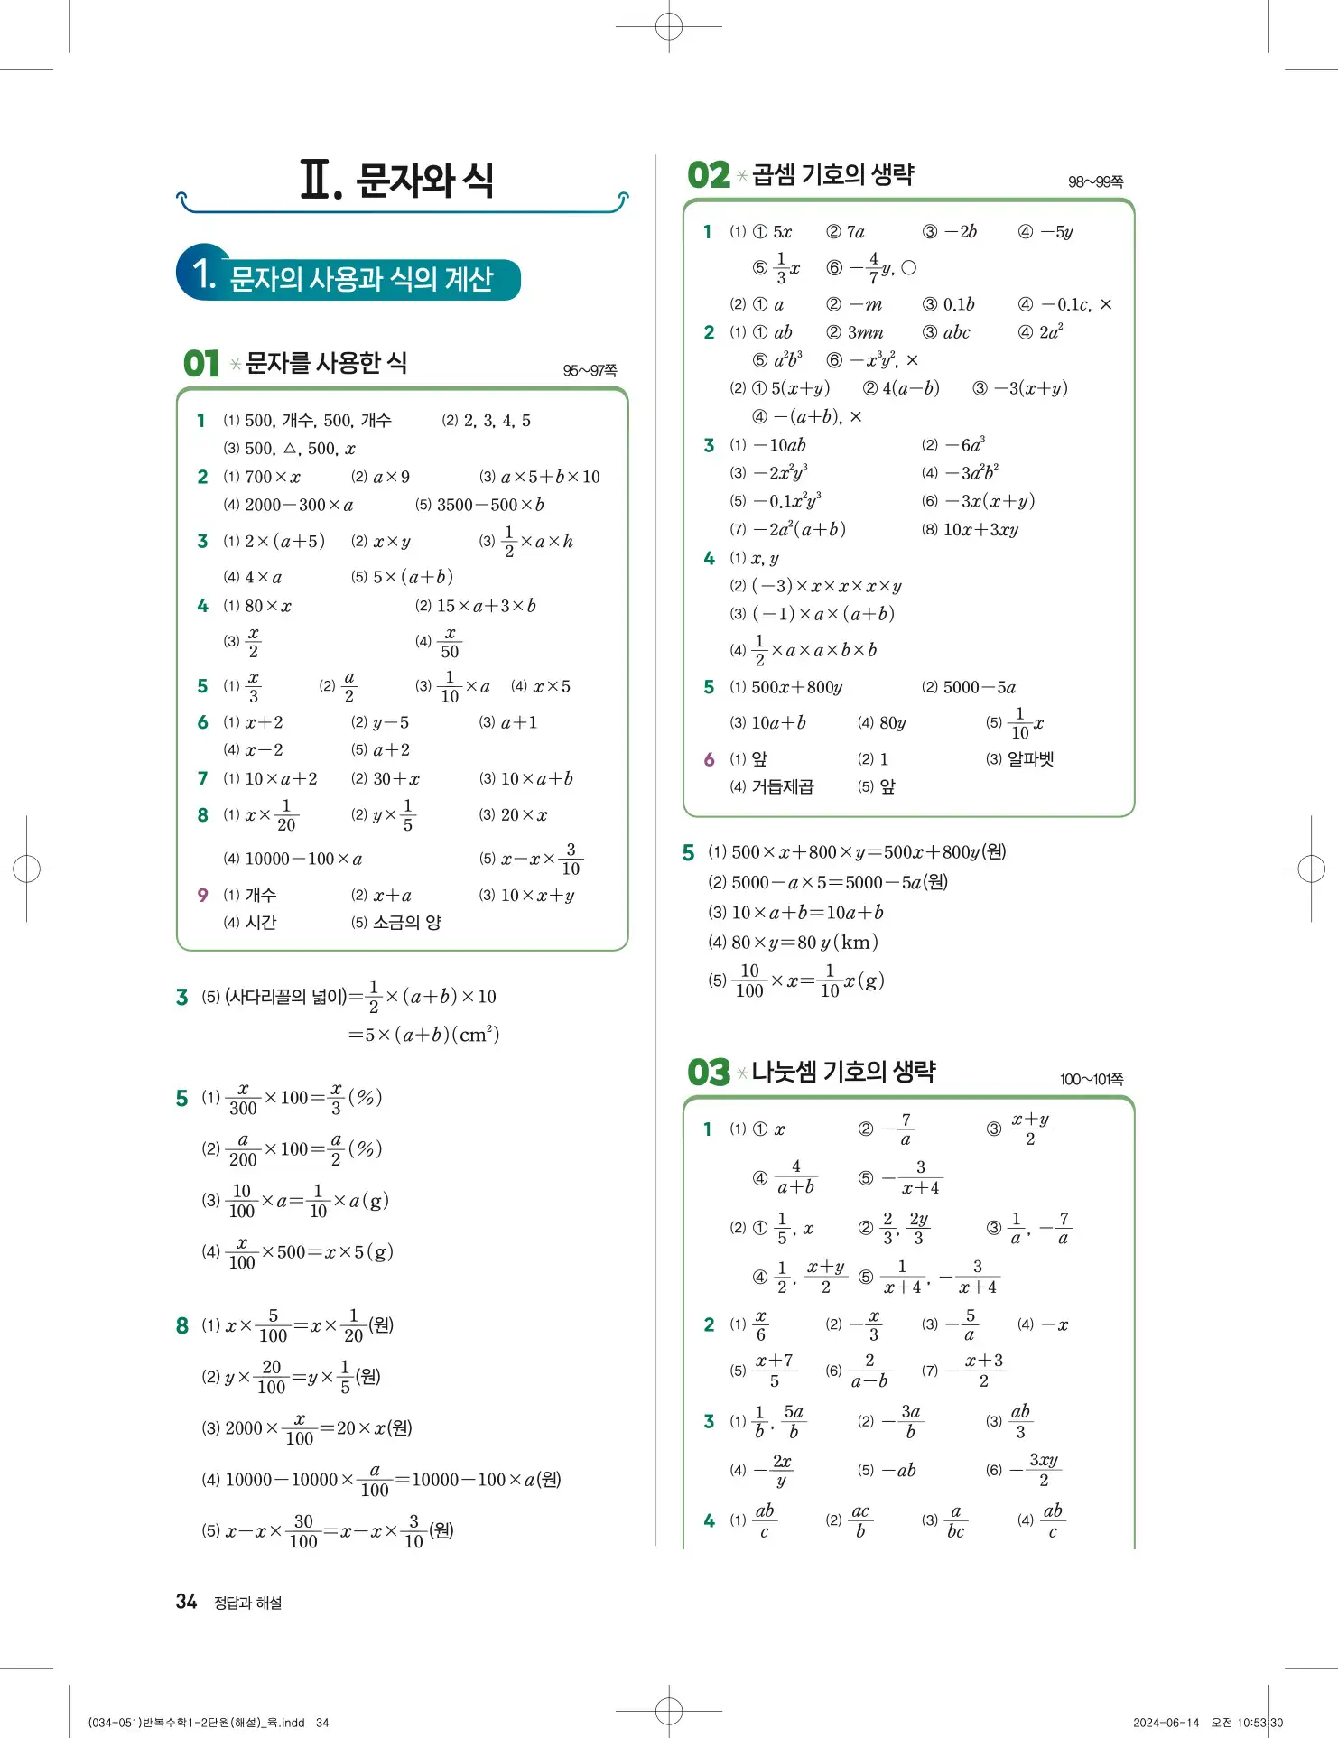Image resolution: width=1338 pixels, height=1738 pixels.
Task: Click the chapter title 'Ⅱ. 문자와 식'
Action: [x=396, y=180]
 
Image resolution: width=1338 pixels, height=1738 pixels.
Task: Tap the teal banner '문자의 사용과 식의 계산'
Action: [x=360, y=279]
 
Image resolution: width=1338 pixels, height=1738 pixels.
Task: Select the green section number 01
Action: [x=200, y=364]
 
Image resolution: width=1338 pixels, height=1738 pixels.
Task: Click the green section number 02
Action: [x=708, y=175]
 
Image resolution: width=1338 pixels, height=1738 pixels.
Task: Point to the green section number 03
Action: [x=708, y=1073]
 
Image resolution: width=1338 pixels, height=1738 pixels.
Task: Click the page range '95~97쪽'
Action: [x=590, y=371]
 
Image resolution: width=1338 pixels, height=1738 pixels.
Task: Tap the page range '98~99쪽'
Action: [x=1095, y=182]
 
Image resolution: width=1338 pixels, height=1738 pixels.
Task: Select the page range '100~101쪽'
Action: [x=1092, y=1080]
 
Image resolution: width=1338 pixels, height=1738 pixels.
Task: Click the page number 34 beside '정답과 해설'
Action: [x=186, y=1602]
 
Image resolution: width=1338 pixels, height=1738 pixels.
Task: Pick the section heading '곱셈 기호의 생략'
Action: [x=832, y=174]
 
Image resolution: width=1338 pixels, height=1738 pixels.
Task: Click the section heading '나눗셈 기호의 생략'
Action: [x=843, y=1072]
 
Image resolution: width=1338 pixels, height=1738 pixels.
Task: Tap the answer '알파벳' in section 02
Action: [x=1030, y=759]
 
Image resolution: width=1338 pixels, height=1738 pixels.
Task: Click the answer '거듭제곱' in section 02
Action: [x=783, y=787]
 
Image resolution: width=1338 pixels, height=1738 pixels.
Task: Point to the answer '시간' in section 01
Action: [x=261, y=923]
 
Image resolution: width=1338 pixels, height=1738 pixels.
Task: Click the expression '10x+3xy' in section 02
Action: [x=980, y=530]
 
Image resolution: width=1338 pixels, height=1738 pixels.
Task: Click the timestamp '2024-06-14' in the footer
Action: [x=1166, y=1723]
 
